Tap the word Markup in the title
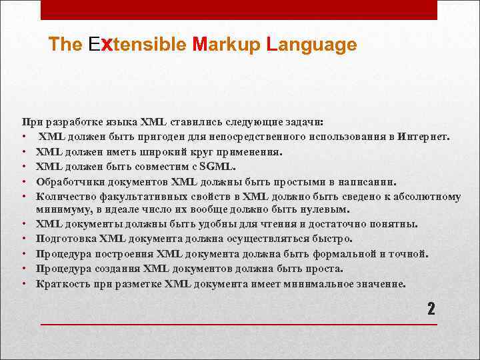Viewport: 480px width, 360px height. pyautogui.click(x=225, y=45)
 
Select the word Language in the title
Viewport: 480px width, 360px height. pyautogui.click(x=311, y=45)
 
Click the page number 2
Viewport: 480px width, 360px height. pyautogui.click(x=431, y=309)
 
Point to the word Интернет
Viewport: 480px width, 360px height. pyautogui.click(x=423, y=137)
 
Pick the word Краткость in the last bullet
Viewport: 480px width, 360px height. pyautogui.click(x=63, y=283)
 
